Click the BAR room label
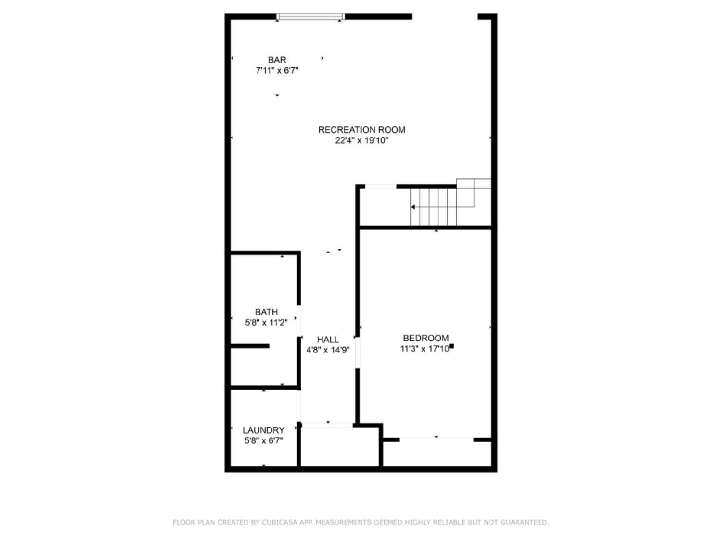click(x=277, y=60)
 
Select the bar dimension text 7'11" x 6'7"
click(x=277, y=70)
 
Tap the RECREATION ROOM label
click(x=361, y=130)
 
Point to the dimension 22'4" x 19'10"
click(x=361, y=140)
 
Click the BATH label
click(x=266, y=312)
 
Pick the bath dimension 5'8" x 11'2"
click(x=266, y=323)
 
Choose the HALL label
click(x=328, y=340)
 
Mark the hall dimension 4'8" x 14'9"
click(x=328, y=350)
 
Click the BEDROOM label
click(x=425, y=338)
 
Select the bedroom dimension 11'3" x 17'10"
click(x=425, y=349)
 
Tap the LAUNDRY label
click(x=263, y=430)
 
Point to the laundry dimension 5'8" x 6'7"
click(x=263, y=441)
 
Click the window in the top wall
click(x=310, y=17)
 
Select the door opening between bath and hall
click(x=299, y=321)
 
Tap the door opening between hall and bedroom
click(x=357, y=352)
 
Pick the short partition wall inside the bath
click(x=250, y=346)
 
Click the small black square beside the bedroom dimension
click(x=451, y=346)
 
